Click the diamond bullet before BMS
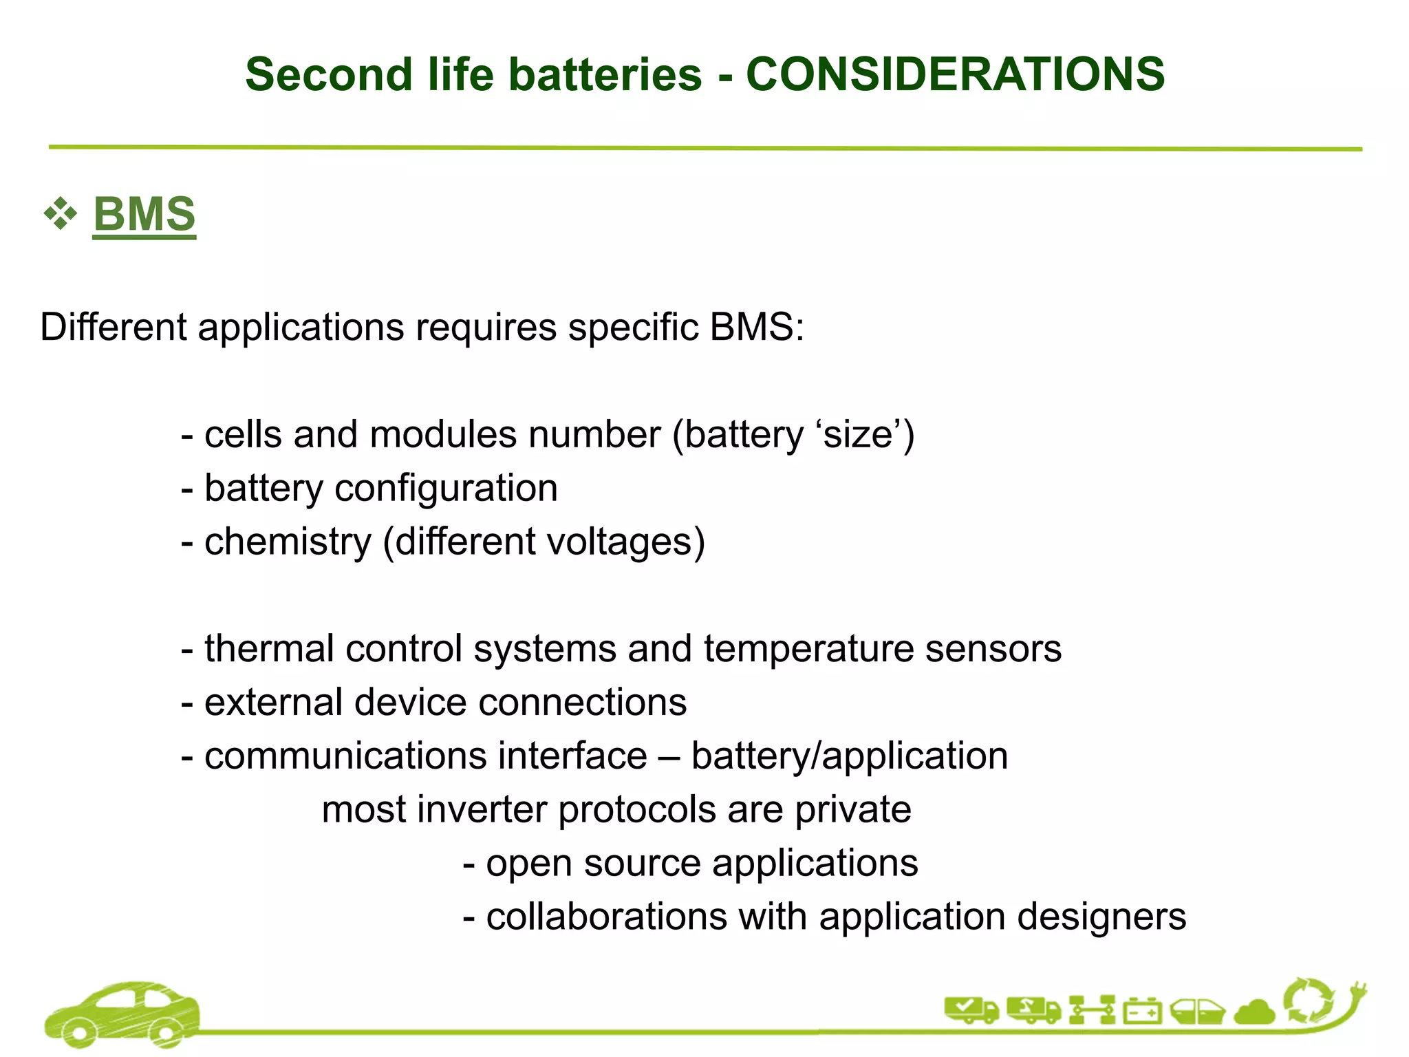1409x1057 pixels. tap(61, 214)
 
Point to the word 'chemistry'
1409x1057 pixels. tap(288, 542)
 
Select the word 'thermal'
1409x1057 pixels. tap(275, 648)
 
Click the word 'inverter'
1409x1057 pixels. tap(482, 809)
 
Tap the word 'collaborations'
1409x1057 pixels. tap(606, 917)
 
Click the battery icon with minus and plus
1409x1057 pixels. tap(1143, 1012)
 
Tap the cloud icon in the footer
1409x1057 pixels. tap(1256, 1012)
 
